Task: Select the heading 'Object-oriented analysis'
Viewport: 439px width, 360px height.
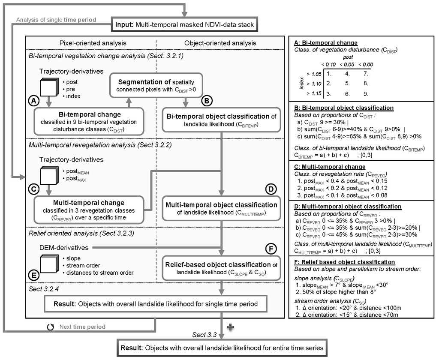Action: coord(220,43)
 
